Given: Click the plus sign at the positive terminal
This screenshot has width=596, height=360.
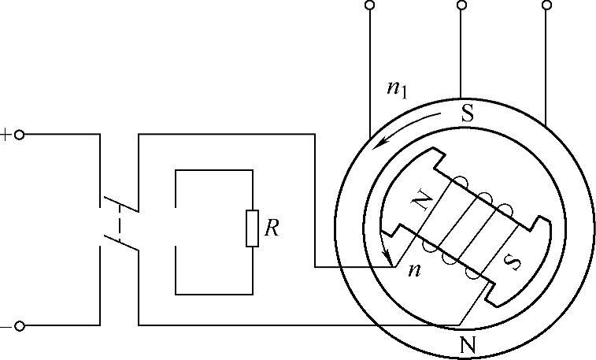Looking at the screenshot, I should tap(6, 135).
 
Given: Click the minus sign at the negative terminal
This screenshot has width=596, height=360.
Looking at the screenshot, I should tap(6, 325).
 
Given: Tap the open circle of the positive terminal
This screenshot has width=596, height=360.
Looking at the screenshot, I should tap(20, 135).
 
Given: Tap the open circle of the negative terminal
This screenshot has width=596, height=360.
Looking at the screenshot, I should tap(20, 325).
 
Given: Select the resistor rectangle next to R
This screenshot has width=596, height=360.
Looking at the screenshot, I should tap(252, 229).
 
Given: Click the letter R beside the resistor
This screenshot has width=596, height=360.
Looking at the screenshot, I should tap(272, 228).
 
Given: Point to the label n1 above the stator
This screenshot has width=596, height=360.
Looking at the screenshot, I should tap(397, 88).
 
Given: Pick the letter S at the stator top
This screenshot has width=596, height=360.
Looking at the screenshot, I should tap(467, 113).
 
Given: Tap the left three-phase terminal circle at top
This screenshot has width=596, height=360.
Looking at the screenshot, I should tap(370, 6).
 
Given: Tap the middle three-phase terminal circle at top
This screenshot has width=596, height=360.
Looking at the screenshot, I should tap(461, 6).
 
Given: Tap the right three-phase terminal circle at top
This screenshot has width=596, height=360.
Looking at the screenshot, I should tap(546, 6).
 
